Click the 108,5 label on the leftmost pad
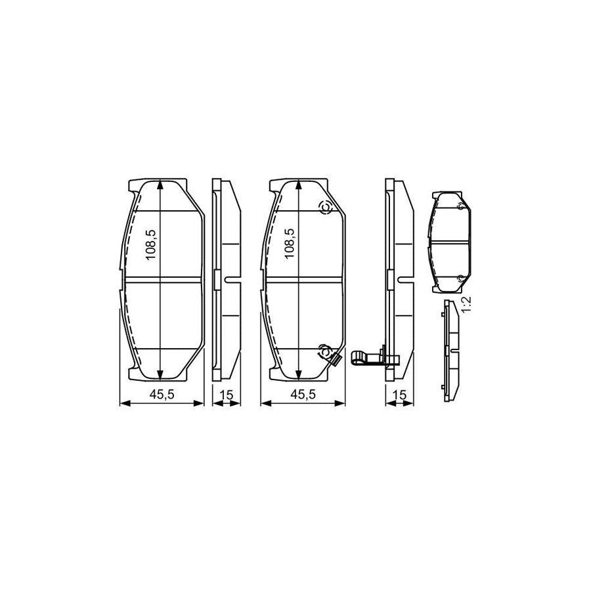click(150, 244)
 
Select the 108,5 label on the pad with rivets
click(289, 244)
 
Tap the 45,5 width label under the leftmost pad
click(161, 394)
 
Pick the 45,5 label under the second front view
click(303, 394)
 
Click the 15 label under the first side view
click(227, 394)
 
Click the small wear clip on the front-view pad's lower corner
click(334, 360)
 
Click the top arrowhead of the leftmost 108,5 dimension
click(161, 184)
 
